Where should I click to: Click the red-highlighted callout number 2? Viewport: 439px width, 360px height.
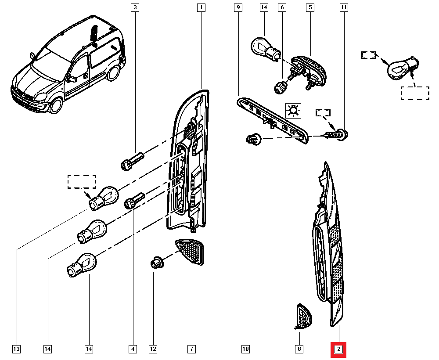[x=338, y=349]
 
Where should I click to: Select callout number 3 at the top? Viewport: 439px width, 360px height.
[x=135, y=7]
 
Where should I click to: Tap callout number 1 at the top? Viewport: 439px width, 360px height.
[x=202, y=7]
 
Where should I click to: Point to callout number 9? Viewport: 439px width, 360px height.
[x=238, y=7]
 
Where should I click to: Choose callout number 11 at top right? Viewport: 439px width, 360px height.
[x=343, y=7]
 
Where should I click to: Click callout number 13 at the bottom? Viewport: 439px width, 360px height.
[x=16, y=349]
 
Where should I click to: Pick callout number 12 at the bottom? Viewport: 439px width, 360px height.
[x=153, y=349]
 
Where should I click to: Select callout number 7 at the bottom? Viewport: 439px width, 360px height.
[x=191, y=349]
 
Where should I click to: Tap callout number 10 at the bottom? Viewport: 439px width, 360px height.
[x=245, y=349]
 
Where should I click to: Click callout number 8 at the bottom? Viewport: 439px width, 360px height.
[x=299, y=349]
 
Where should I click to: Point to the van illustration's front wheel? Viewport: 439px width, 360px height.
[x=56, y=106]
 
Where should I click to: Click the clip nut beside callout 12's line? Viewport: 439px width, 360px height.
[x=156, y=263]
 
